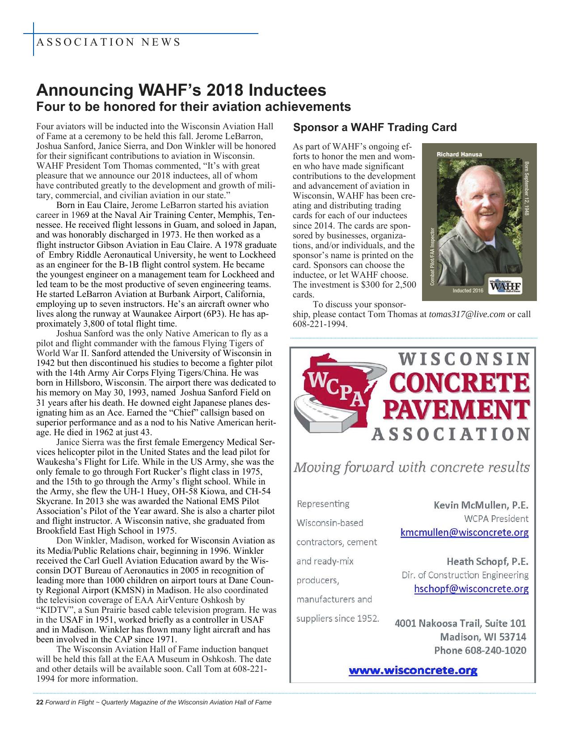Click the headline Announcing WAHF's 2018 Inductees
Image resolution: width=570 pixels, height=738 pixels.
click(181, 90)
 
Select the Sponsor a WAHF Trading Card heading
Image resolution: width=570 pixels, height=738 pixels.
click(375, 128)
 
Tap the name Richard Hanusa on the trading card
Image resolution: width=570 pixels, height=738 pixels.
click(459, 154)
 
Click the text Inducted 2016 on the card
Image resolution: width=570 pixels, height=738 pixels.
click(468, 291)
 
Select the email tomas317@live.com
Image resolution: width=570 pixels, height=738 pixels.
click(467, 314)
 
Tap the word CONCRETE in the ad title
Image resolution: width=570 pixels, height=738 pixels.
click(459, 385)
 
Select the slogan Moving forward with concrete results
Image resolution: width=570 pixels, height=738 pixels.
click(411, 468)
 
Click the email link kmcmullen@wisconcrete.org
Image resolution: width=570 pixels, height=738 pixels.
click(464, 533)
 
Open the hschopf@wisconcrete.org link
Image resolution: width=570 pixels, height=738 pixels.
click(471, 589)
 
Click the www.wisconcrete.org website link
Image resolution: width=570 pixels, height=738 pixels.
click(413, 670)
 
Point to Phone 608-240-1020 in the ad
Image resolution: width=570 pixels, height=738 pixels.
click(480, 650)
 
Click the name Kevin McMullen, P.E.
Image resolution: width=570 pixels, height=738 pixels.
click(481, 506)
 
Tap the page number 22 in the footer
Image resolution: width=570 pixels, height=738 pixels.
click(39, 702)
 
